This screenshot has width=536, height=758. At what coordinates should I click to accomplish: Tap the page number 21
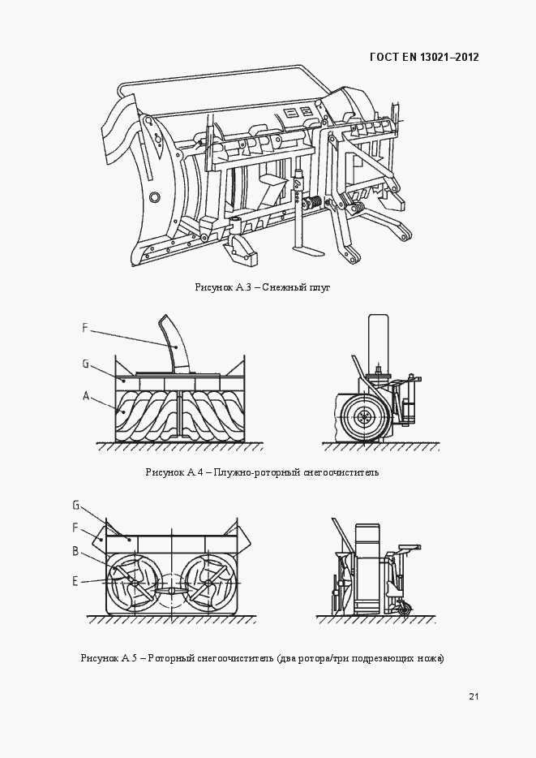[474, 696]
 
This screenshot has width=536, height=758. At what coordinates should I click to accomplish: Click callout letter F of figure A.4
[85, 328]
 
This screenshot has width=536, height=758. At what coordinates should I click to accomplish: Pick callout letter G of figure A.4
[85, 364]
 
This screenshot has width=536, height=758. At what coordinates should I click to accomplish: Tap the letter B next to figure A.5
[75, 551]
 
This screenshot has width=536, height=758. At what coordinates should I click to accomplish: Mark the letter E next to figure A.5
[75, 579]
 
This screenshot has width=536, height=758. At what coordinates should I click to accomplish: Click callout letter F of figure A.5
[75, 527]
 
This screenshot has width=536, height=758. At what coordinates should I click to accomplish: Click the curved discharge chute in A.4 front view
[174, 345]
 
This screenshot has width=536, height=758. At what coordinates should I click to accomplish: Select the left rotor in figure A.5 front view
[134, 582]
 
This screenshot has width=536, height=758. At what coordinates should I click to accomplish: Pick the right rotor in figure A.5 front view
[208, 582]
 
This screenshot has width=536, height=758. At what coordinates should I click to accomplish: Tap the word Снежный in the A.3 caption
[284, 287]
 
